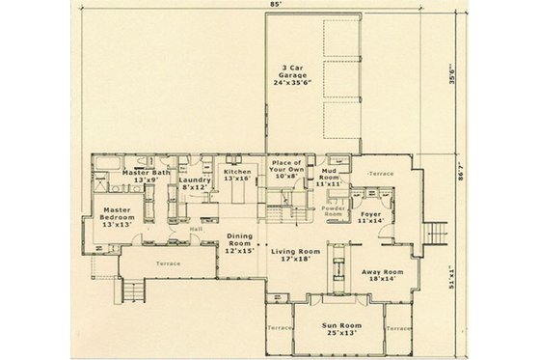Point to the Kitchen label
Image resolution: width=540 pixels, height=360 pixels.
[237, 175]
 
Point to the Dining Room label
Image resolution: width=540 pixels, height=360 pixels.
[238, 243]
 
